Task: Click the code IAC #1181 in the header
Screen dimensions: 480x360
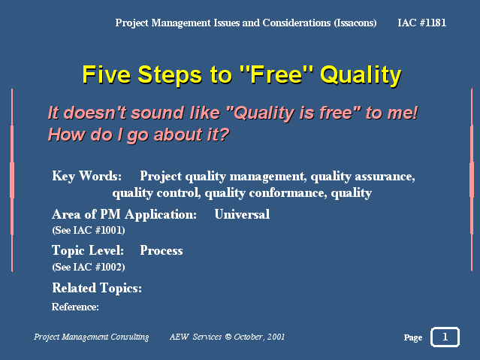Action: (422, 23)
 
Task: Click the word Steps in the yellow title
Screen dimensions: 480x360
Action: (170, 75)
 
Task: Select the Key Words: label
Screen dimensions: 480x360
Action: (87, 176)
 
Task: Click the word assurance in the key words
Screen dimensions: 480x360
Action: (385, 177)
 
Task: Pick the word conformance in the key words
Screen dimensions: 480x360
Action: (288, 193)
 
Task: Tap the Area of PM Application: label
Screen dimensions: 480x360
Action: (124, 214)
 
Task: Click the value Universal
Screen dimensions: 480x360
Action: (242, 214)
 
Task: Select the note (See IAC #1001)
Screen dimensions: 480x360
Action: (89, 230)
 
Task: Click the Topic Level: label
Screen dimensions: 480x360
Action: (88, 250)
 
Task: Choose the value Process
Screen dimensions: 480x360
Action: (162, 250)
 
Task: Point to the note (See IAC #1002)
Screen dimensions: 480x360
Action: (89, 267)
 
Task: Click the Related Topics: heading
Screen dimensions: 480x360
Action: (97, 288)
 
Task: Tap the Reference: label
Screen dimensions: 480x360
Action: (75, 307)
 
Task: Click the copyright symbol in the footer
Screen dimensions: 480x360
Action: (228, 337)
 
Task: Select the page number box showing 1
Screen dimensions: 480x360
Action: (445, 337)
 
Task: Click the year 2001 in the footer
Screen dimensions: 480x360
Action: (276, 337)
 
